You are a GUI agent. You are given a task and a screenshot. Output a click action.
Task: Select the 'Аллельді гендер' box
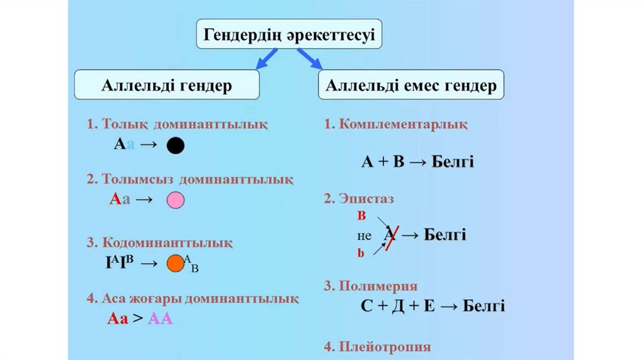coord(167,85)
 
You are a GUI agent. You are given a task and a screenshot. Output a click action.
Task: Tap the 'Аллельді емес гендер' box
coord(411,85)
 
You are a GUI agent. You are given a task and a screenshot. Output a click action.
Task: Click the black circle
coord(176,146)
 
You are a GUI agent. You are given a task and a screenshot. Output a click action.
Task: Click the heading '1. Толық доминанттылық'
coord(177,124)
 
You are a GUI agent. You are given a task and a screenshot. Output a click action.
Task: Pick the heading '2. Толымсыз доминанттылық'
coord(190,179)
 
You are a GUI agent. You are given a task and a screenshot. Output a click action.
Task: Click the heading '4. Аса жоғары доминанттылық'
coord(192,299)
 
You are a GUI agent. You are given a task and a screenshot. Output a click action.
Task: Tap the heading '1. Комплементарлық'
coord(396,124)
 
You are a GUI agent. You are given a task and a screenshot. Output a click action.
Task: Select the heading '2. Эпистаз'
coord(359,199)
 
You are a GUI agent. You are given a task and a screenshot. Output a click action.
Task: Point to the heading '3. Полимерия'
coord(371,286)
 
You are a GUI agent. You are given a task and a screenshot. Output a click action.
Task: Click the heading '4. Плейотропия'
coord(377,346)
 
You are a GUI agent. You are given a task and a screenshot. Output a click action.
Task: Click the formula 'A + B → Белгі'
coord(418,162)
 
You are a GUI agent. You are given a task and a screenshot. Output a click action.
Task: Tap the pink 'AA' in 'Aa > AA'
coord(160,319)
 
